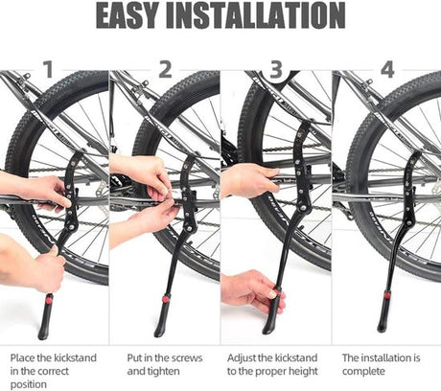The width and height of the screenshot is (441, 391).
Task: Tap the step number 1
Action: [x=48, y=70]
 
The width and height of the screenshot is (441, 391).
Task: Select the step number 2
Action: [x=165, y=70]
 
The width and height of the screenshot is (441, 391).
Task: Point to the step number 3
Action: [x=276, y=70]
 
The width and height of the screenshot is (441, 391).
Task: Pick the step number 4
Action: [x=387, y=70]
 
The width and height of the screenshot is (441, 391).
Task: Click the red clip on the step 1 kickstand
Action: [x=49, y=300]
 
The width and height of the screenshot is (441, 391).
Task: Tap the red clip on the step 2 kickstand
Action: [x=165, y=299]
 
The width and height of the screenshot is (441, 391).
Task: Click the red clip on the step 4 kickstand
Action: [x=387, y=295]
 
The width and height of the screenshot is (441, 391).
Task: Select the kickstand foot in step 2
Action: [x=161, y=319]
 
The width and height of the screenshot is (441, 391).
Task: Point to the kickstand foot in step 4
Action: [x=383, y=315]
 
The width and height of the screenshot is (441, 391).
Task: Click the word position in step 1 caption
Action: [x=29, y=384]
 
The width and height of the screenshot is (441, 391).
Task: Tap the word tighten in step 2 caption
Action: [x=163, y=372]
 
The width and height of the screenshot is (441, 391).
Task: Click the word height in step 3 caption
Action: [x=303, y=372]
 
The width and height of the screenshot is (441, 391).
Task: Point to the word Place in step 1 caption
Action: [x=22, y=357]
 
